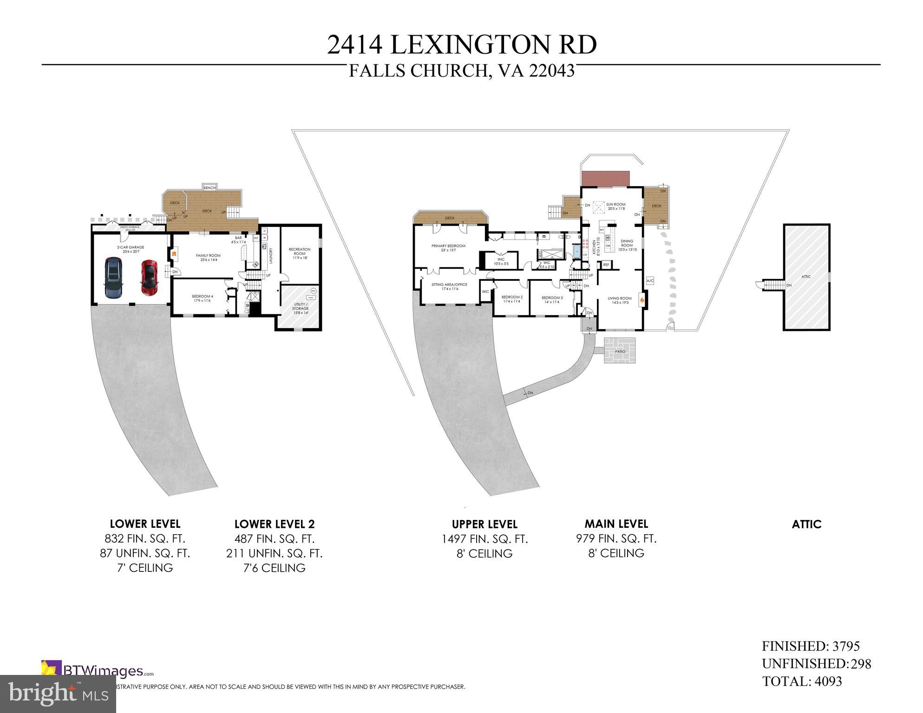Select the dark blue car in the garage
click(113, 278)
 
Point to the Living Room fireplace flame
click(642, 300)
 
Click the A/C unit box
click(650, 281)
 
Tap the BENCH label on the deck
click(209, 188)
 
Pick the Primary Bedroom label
click(448, 246)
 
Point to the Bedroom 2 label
click(512, 298)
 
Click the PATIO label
click(620, 351)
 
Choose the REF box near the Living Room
click(606, 265)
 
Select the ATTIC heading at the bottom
click(806, 525)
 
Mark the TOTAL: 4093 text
click(802, 681)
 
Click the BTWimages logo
click(98, 671)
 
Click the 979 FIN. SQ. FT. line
click(616, 539)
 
